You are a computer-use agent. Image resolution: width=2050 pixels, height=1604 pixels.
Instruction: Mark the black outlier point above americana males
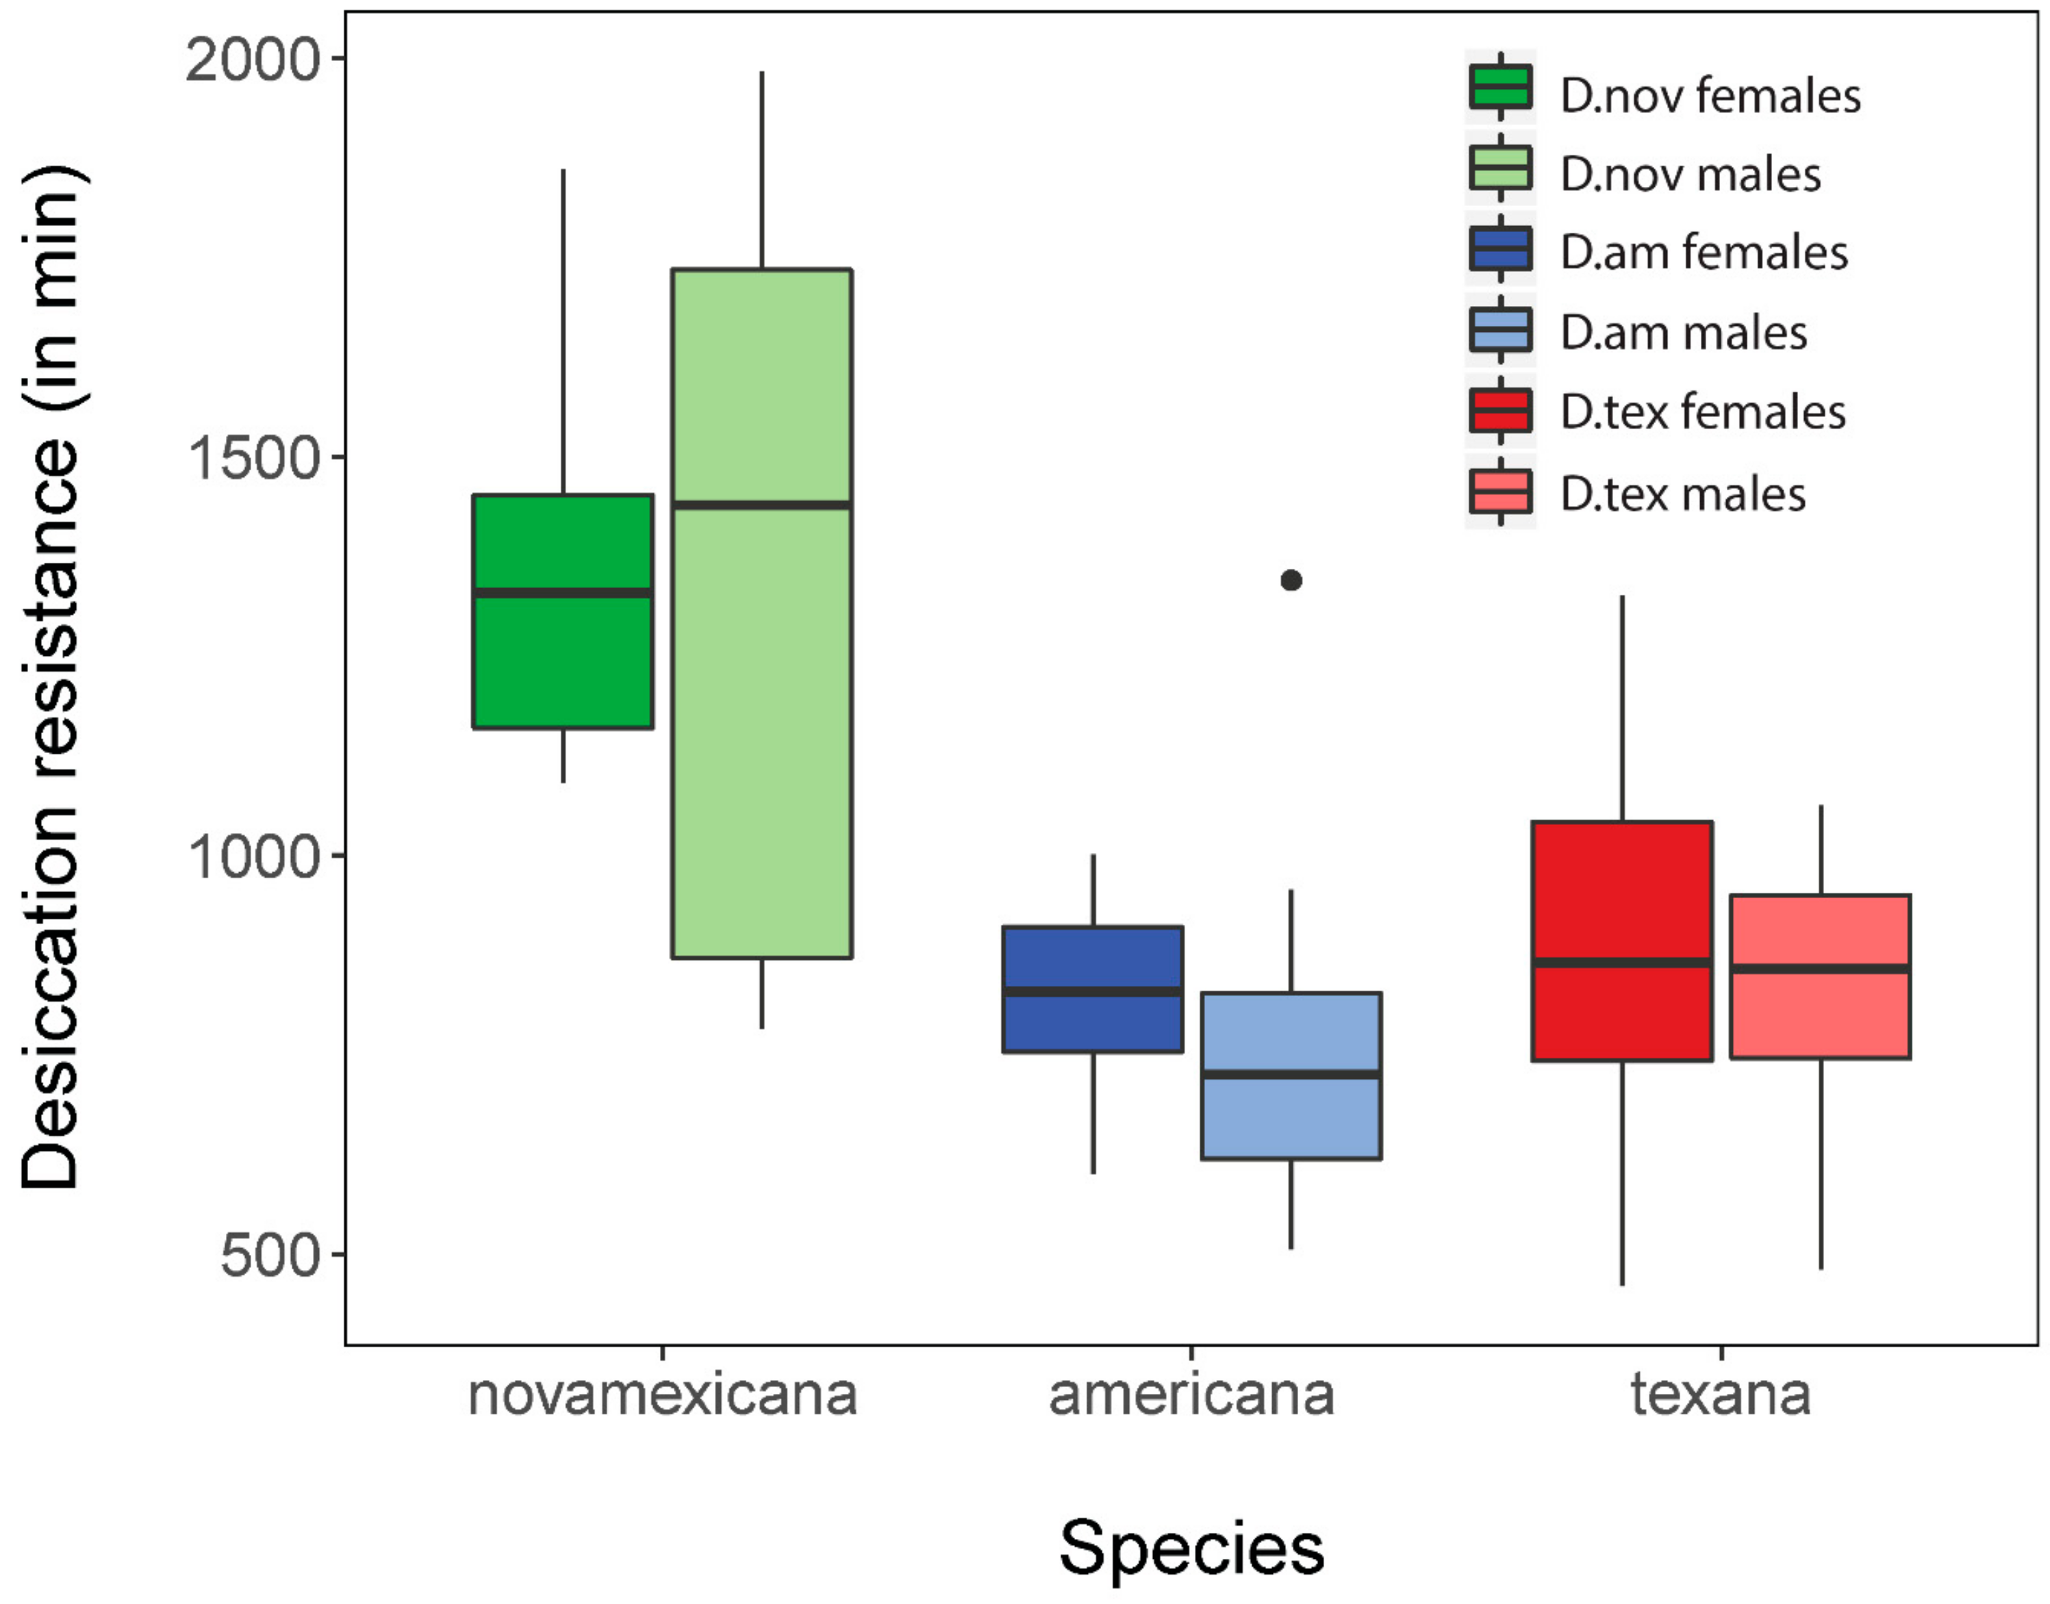(x=1291, y=581)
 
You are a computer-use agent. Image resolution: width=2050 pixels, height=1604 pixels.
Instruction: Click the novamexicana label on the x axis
(x=662, y=1395)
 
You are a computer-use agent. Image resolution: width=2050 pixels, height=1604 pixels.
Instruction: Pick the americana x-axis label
(x=1191, y=1395)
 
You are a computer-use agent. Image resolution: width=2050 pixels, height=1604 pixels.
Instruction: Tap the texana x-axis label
(x=1721, y=1395)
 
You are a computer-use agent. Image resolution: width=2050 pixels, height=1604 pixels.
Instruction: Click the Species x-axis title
(x=1191, y=1548)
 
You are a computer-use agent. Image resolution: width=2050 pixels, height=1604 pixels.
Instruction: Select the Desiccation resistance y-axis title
(x=51, y=676)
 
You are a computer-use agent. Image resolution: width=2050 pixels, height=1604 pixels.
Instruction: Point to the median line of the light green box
(x=761, y=505)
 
